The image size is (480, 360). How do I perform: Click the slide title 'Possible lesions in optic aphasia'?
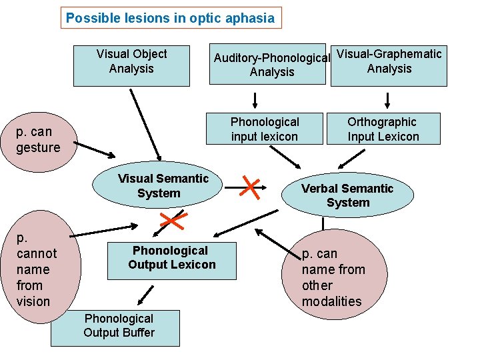(171, 18)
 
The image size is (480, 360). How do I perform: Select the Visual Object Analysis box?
(131, 65)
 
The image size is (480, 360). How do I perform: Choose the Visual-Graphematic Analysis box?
(389, 65)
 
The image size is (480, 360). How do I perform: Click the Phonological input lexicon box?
(265, 129)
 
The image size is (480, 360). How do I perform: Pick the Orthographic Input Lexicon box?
(383, 129)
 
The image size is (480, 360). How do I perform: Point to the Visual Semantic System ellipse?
(159, 187)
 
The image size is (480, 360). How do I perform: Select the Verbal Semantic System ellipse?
(347, 195)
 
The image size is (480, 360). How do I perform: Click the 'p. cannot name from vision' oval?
(37, 269)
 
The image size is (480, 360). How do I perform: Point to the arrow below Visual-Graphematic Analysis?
(388, 101)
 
